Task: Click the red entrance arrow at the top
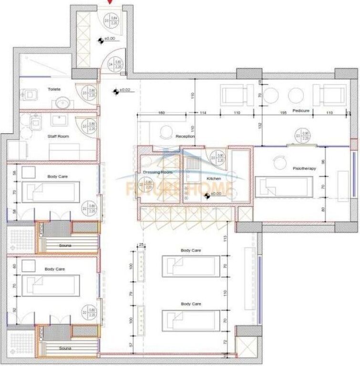point(111,2)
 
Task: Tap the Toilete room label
point(54,89)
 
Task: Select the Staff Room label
point(58,136)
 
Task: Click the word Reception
point(185,136)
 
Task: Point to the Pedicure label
point(301,111)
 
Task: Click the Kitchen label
point(213,178)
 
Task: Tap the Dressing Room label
point(157,172)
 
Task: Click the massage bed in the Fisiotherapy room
point(284,187)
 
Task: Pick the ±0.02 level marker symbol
point(116,91)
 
